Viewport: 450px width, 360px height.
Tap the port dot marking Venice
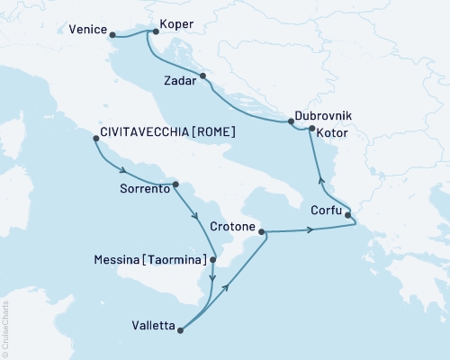(x=112, y=36)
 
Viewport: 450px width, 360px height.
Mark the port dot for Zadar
(x=203, y=76)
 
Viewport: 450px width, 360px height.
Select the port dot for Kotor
(x=310, y=130)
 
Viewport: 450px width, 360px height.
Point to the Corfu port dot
(x=348, y=215)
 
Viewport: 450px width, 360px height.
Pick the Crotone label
(x=233, y=227)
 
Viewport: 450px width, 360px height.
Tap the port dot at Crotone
(x=262, y=233)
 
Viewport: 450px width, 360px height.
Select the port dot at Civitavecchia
(x=94, y=138)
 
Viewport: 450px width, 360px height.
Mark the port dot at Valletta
(x=181, y=329)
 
